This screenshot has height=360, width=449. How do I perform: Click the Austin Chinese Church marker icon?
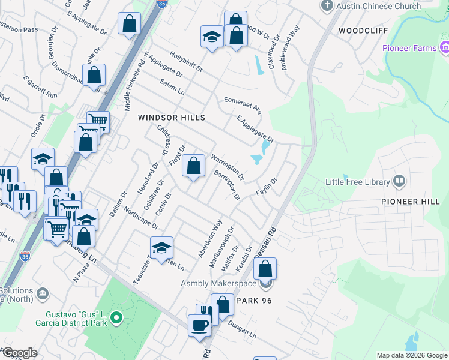(327, 6)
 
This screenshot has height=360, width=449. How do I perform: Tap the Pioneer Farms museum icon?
(445, 47)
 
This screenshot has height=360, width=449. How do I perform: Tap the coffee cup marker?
(199, 325)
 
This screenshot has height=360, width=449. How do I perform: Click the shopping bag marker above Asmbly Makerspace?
(265, 267)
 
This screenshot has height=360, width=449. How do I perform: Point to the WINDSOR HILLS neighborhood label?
(172, 118)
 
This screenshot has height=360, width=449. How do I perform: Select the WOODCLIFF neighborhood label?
(363, 30)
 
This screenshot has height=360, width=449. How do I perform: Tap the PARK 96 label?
(255, 301)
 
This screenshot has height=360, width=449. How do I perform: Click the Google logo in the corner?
(20, 352)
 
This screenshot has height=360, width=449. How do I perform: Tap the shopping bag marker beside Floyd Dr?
(193, 166)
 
